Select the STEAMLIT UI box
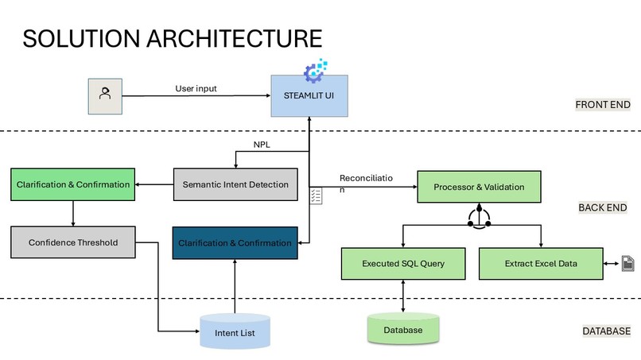pos(309,95)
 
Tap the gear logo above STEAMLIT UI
pos(315,71)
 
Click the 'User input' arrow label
pos(196,88)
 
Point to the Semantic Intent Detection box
pos(235,184)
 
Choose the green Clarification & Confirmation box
pos(72,184)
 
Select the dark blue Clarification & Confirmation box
pos(235,242)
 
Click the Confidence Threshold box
pos(72,242)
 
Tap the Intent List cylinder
pos(235,331)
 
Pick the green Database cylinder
pos(403,328)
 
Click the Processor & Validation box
pos(479,187)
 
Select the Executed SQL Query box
pos(403,264)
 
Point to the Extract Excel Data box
pos(541,264)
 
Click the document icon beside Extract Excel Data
pos(628,264)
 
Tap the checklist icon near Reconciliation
pos(316,195)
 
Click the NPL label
pos(262,145)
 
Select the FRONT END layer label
pos(603,105)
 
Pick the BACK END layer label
pos(603,207)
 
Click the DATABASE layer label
pos(606,331)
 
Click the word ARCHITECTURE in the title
pos(235,39)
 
